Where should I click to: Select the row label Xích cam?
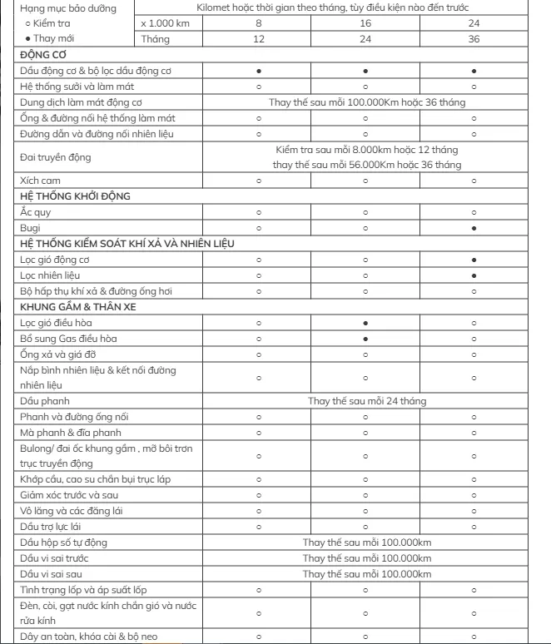(x=41, y=180)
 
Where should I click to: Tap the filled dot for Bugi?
(x=474, y=226)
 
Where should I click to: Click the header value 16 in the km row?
(x=366, y=23)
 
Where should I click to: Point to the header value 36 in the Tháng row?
(x=474, y=39)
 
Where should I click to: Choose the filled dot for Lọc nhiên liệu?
(x=474, y=274)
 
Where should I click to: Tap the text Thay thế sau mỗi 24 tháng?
(x=367, y=400)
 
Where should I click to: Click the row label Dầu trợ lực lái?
(x=52, y=527)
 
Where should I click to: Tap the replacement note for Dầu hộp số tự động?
(x=367, y=542)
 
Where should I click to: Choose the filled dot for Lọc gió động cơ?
(x=474, y=259)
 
